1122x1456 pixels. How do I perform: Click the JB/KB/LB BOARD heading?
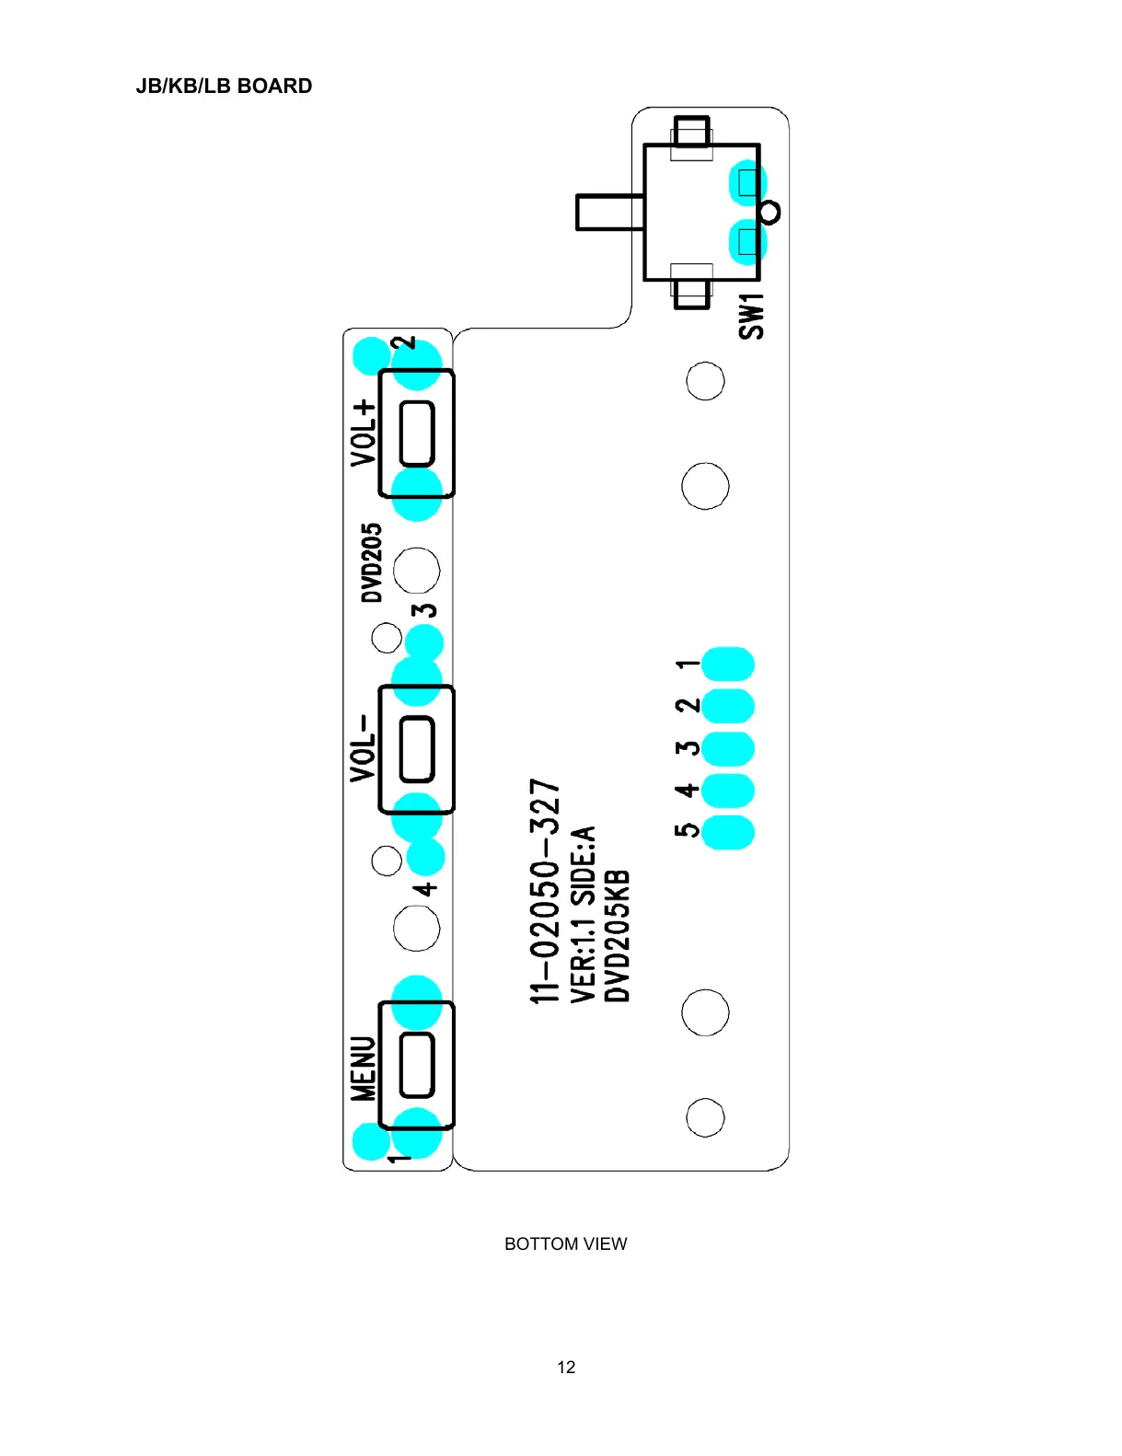pyautogui.click(x=224, y=87)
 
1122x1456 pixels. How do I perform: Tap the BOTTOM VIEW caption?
pyautogui.click(x=565, y=1243)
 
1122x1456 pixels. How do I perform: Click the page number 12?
pyautogui.click(x=566, y=1367)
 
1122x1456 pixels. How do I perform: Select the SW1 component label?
pyautogui.click(x=751, y=317)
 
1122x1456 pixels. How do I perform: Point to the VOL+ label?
pyautogui.click(x=364, y=432)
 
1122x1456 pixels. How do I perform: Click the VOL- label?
pyautogui.click(x=364, y=747)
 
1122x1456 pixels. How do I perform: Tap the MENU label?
pyautogui.click(x=364, y=1068)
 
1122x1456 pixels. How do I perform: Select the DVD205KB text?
pyautogui.click(x=617, y=935)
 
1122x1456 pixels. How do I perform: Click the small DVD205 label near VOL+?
pyautogui.click(x=371, y=562)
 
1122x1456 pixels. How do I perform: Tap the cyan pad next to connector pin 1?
pyautogui.click(x=728, y=664)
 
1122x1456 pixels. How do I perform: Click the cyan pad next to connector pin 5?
pyautogui.click(x=728, y=831)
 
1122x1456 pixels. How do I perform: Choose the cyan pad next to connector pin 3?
pyautogui.click(x=728, y=747)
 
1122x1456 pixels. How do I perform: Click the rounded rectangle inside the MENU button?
pyautogui.click(x=417, y=1065)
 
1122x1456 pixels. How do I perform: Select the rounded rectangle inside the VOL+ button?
pyautogui.click(x=417, y=433)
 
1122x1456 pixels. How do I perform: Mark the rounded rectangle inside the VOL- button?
pyautogui.click(x=417, y=749)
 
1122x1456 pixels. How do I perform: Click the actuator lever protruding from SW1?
pyautogui.click(x=608, y=212)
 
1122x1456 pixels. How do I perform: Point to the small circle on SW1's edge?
pyautogui.click(x=770, y=213)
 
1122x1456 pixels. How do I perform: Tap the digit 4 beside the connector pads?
pyautogui.click(x=687, y=790)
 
